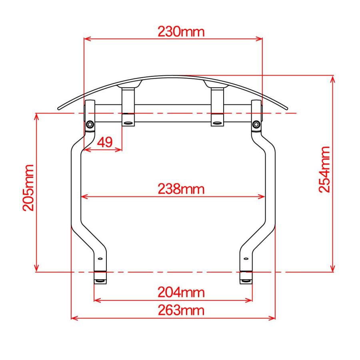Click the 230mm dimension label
point(181,32)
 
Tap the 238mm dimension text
point(181,189)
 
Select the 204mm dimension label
point(181,292)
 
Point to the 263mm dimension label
point(181,310)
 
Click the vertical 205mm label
point(28,188)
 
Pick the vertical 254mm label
point(324,170)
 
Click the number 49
point(105,142)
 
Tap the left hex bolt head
point(90,125)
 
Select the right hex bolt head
point(256,125)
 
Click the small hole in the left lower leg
point(100,259)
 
